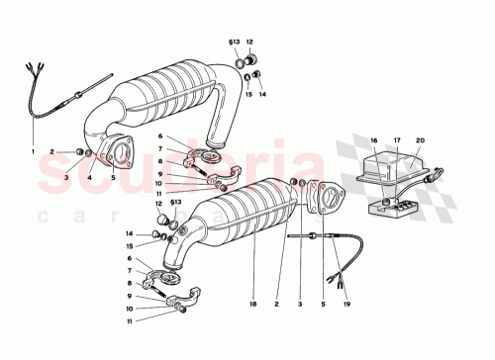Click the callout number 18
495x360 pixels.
pyautogui.click(x=253, y=306)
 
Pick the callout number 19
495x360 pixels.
pyautogui.click(x=347, y=306)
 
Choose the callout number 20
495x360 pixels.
pyautogui.click(x=419, y=141)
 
